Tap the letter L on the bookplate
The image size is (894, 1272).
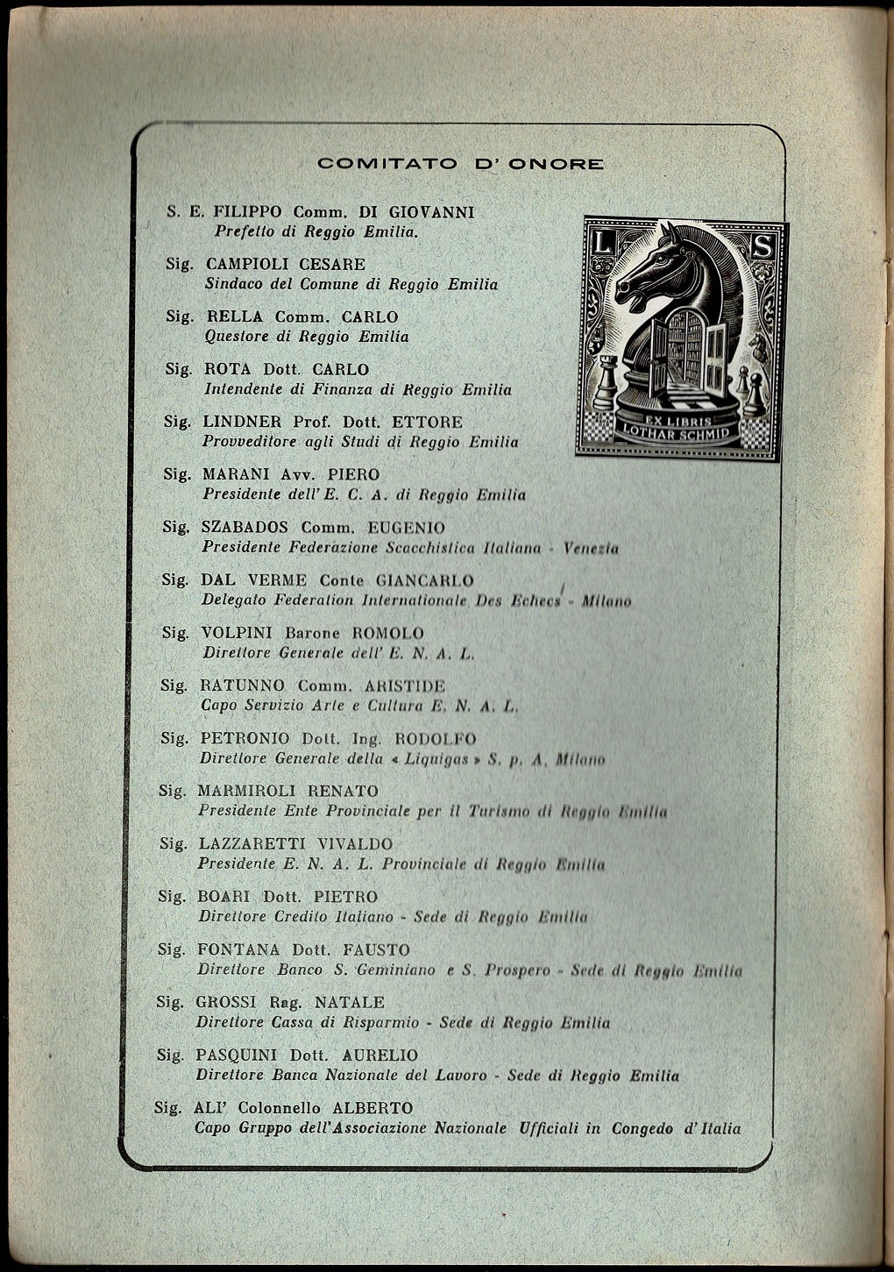pos(600,245)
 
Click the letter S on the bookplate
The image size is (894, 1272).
pos(761,248)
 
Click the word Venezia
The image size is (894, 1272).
pos(591,549)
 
